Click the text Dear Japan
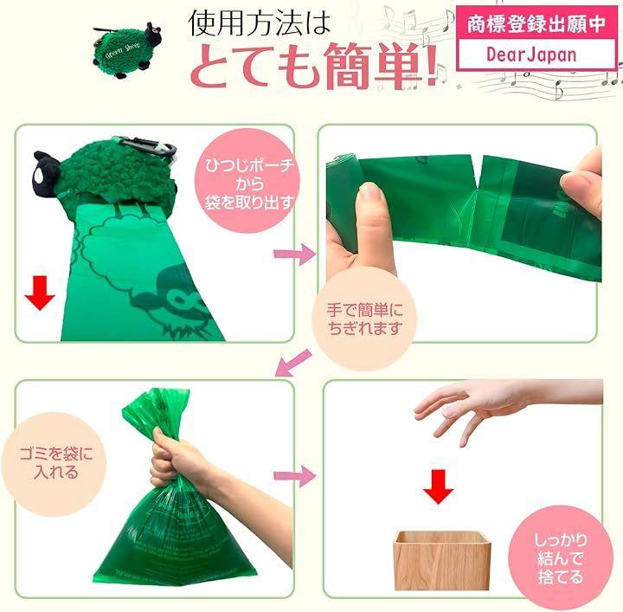point(531,55)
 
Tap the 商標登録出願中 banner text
point(536,24)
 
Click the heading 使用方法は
point(259,23)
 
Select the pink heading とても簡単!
point(315,65)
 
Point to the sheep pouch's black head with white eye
point(46,173)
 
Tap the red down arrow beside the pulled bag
point(39,293)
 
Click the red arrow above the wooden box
point(438,486)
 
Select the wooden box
point(441,560)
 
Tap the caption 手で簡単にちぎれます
point(364,319)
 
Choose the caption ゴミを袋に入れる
point(56,463)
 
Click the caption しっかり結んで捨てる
point(560,558)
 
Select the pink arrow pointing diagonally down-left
point(293,363)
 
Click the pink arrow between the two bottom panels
point(295,475)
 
